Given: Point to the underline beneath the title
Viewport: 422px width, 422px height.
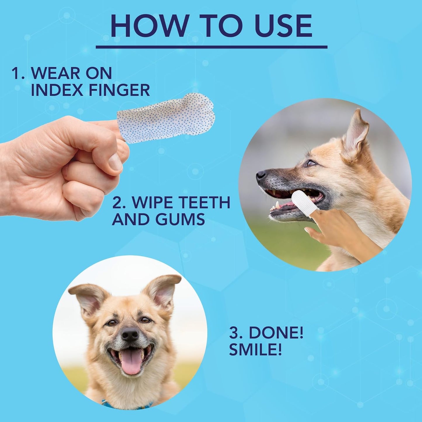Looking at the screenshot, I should [x=211, y=47].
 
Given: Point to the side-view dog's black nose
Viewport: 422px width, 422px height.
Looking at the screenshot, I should [x=261, y=175].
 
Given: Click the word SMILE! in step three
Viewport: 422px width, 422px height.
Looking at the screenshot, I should [x=256, y=350].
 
